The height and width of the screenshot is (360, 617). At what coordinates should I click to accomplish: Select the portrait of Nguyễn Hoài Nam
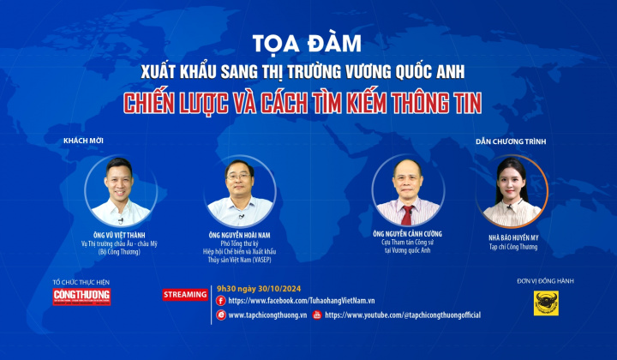[240, 191]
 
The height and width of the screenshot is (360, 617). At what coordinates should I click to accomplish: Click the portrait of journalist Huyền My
[513, 190]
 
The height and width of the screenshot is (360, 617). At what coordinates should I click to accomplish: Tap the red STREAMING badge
[186, 295]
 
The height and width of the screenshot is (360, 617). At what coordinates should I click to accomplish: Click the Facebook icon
[222, 301]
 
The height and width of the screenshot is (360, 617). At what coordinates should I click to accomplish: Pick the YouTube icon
[317, 315]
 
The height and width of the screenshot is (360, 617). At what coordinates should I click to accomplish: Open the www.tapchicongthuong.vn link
[265, 315]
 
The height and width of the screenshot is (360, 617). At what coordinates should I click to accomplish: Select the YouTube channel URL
[403, 315]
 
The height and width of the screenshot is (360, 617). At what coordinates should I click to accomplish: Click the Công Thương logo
[81, 296]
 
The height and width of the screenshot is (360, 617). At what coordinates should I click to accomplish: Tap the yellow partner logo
[548, 302]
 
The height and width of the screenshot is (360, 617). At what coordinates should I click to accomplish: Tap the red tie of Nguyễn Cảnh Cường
[408, 213]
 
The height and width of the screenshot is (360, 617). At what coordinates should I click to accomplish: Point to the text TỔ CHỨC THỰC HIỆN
[81, 282]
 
